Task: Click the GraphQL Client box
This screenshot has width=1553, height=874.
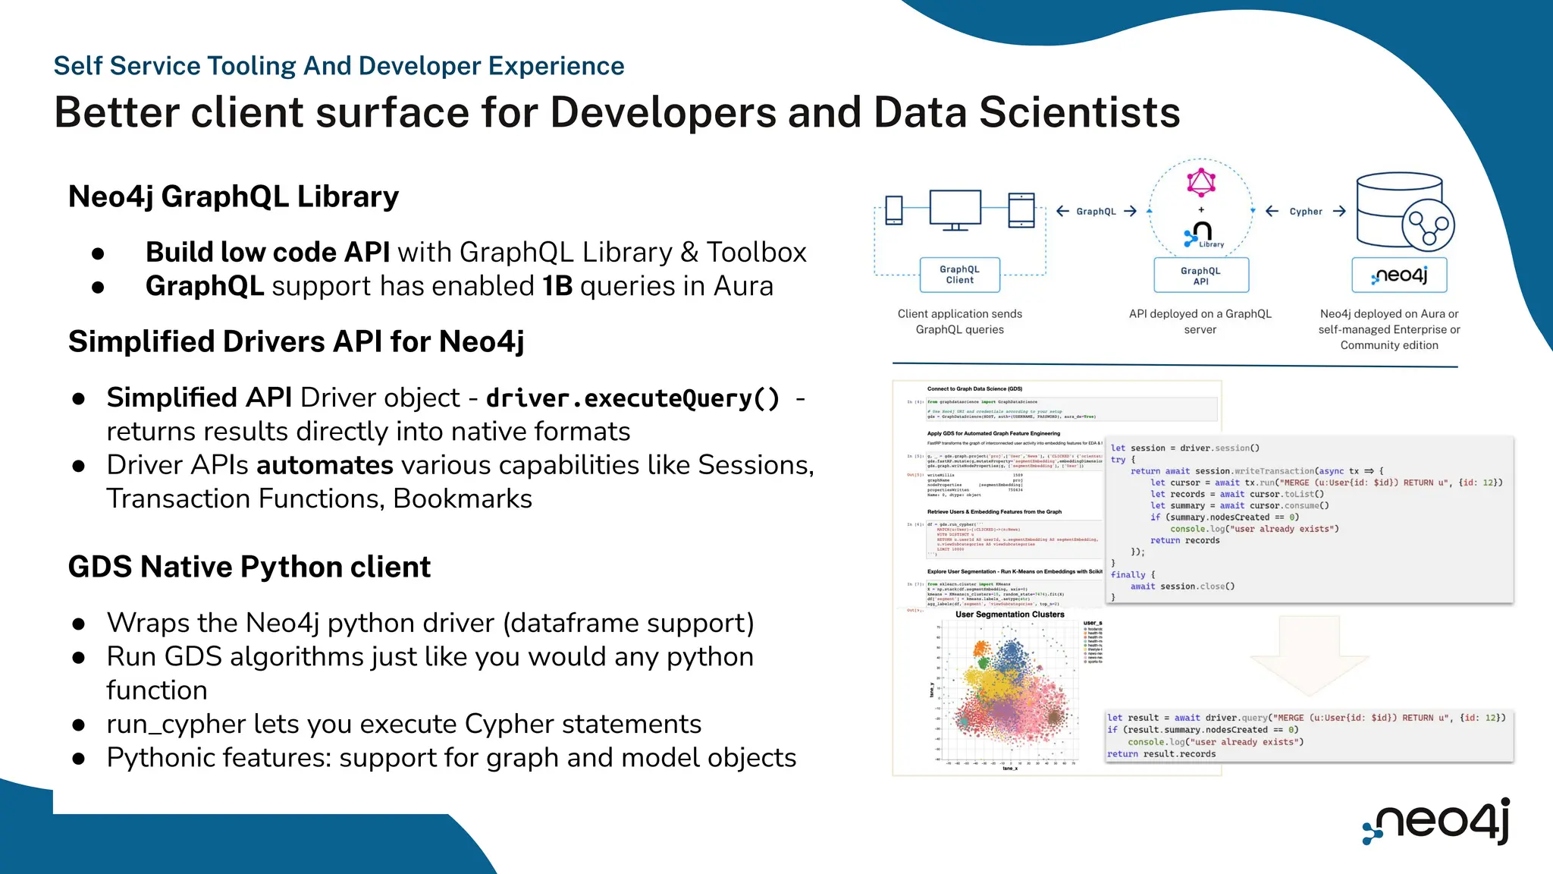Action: (959, 275)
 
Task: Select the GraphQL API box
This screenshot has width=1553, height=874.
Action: (1200, 276)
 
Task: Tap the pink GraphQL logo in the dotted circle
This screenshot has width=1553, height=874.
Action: (1201, 183)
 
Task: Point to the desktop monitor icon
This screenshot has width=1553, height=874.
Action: (955, 209)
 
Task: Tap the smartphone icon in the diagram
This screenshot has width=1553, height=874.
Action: (894, 210)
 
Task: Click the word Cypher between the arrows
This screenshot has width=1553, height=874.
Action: (1305, 212)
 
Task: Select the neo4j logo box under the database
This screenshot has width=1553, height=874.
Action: (1399, 275)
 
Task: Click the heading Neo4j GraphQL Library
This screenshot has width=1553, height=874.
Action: (233, 196)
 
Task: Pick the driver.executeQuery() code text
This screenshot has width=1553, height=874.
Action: (632, 398)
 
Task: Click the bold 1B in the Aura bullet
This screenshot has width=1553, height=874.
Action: (557, 286)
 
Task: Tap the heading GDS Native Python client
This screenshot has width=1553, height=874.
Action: (249, 567)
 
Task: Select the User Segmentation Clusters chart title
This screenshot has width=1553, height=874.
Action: (1009, 615)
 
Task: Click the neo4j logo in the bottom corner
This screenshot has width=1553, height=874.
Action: (1437, 822)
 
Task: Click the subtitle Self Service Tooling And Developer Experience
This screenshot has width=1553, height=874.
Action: (338, 66)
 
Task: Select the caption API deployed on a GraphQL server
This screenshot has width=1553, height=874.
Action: (1200, 322)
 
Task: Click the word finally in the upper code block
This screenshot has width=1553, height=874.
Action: (1128, 575)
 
